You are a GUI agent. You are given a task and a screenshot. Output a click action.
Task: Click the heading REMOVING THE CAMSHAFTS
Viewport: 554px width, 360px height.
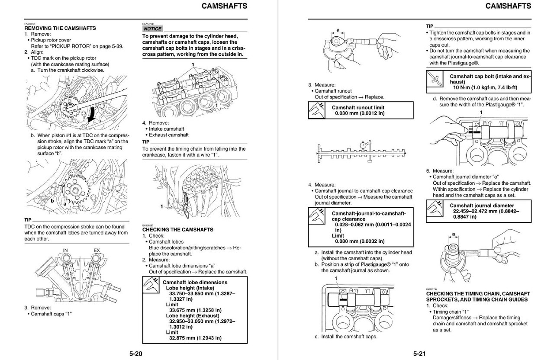(x=60, y=28)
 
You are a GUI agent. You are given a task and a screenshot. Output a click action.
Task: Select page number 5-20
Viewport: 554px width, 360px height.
(x=135, y=354)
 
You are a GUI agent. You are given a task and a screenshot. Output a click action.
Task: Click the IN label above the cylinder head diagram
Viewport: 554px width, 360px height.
(x=66, y=250)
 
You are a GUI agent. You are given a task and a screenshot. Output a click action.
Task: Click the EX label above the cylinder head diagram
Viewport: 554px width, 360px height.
(x=97, y=250)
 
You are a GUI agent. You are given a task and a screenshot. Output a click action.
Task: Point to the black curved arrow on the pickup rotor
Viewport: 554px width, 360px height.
(x=92, y=115)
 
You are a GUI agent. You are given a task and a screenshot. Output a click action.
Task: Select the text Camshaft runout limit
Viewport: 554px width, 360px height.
(x=358, y=107)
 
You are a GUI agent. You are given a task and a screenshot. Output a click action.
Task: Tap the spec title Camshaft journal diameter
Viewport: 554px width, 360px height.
(x=482, y=206)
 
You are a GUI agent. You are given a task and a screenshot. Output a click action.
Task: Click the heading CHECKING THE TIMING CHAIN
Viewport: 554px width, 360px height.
(x=478, y=294)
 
